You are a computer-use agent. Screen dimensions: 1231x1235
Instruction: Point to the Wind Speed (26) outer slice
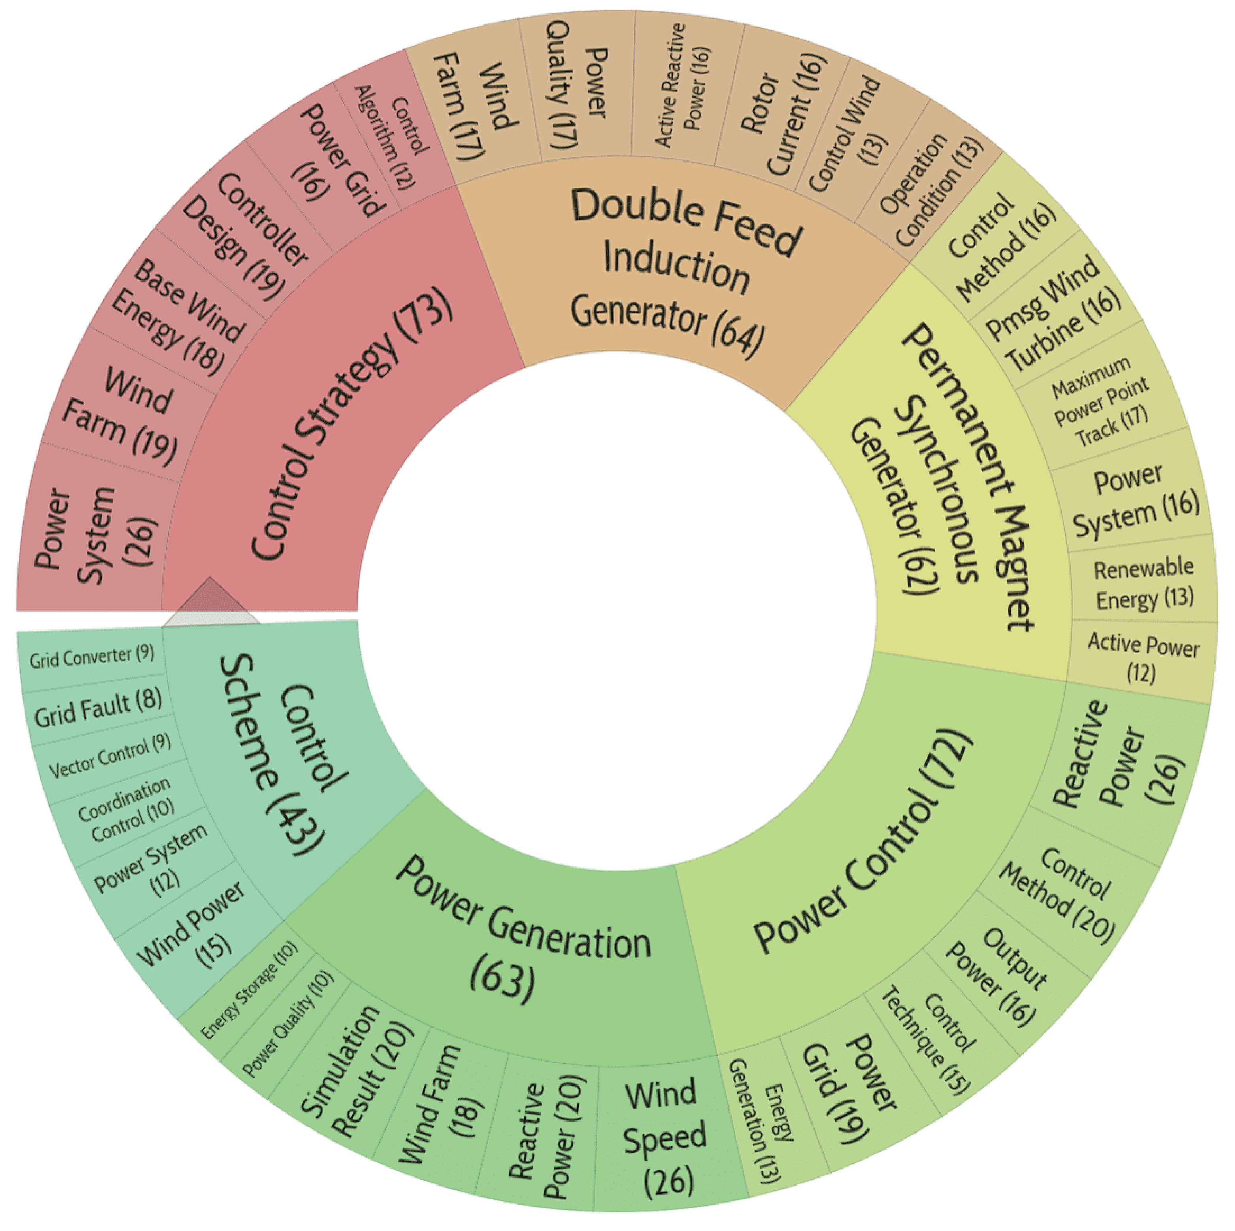coord(665,1138)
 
